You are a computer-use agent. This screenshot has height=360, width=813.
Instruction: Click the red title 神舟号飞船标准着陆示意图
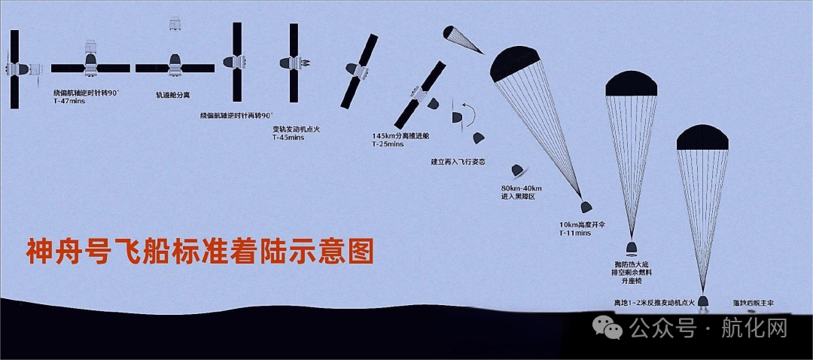click(x=200, y=252)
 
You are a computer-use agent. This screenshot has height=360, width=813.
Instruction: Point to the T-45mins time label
click(x=288, y=138)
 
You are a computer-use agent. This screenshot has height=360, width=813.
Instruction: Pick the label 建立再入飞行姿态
click(x=458, y=161)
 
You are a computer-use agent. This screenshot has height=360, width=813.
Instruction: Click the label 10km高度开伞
click(x=586, y=225)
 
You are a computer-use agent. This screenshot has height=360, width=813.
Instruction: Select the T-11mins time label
click(x=575, y=234)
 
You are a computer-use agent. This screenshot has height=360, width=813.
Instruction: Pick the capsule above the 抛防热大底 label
click(x=632, y=248)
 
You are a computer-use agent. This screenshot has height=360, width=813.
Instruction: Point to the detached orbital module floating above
click(x=175, y=23)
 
